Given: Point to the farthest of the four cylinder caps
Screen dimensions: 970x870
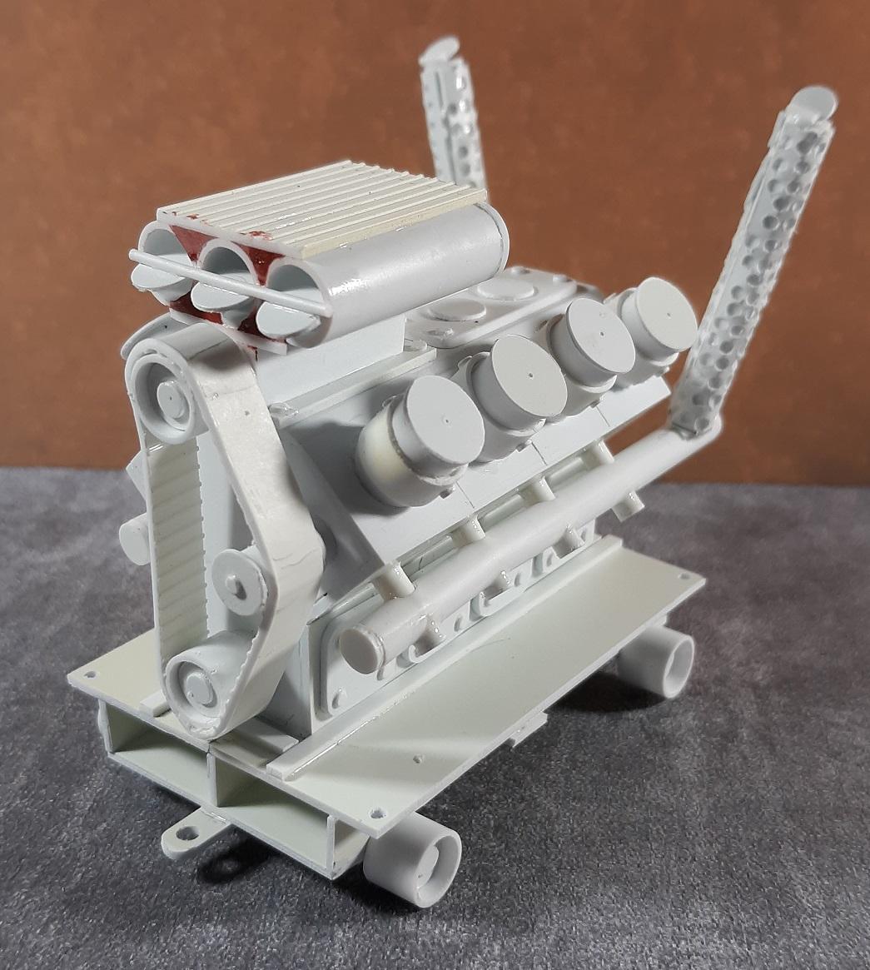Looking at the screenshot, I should (x=657, y=320).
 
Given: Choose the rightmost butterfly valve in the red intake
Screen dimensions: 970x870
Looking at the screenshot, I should (x=283, y=316).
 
